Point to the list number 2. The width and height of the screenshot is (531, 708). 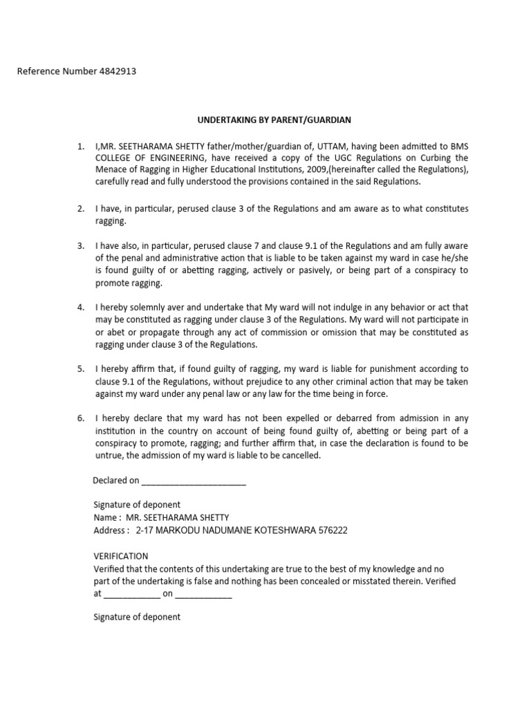[80, 208]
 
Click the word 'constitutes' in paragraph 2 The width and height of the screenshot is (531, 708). [445, 208]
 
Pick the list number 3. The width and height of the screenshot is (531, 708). [80, 246]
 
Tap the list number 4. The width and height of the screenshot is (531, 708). [80, 307]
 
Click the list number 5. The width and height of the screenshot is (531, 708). [80, 369]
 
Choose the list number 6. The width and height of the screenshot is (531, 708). [80, 418]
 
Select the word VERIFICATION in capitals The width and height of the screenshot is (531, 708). [120, 556]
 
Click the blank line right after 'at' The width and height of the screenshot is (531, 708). [131, 594]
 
